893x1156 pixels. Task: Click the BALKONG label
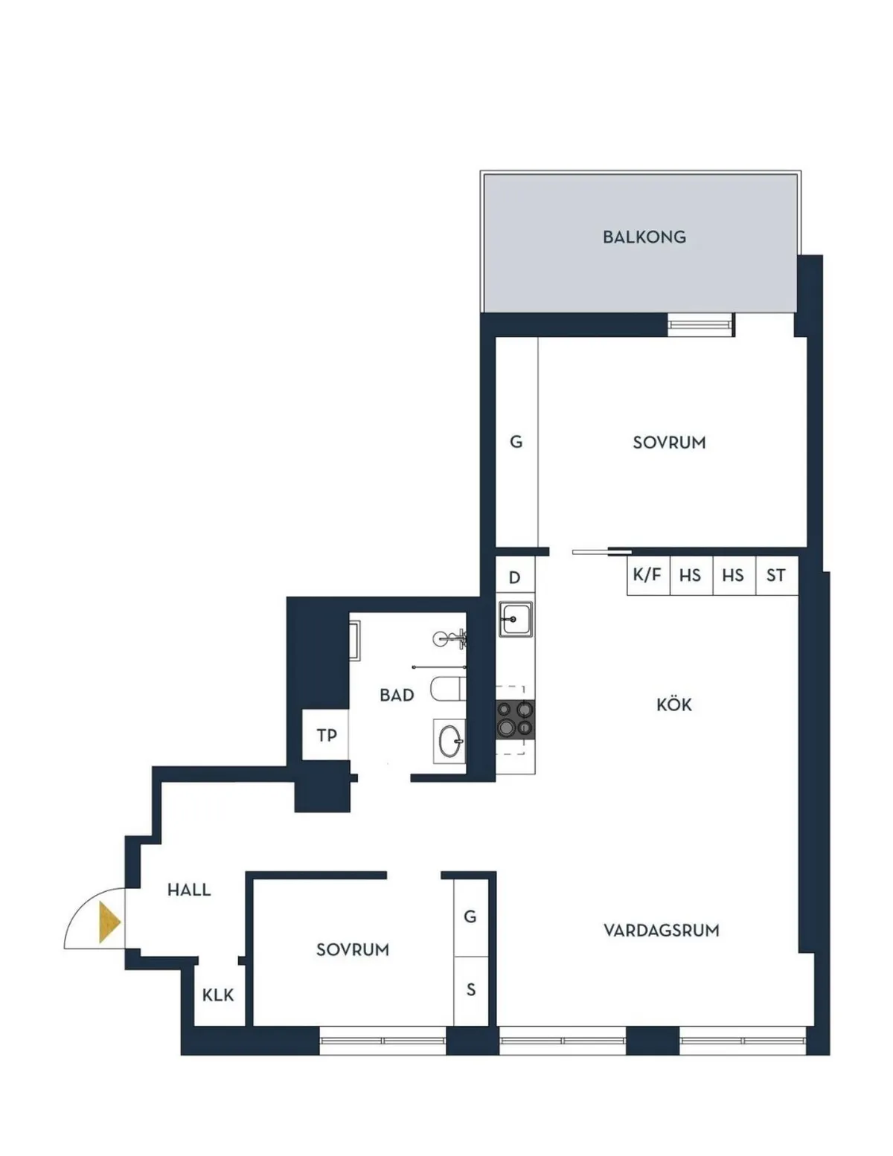[x=644, y=237]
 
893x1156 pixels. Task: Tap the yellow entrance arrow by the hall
[x=109, y=922]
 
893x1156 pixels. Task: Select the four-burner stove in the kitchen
[x=515, y=719]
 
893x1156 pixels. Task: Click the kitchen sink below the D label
[x=515, y=619]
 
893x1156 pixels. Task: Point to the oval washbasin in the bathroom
[x=449, y=741]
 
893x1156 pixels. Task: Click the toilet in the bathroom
[x=449, y=689]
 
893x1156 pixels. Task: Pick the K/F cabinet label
[x=647, y=575]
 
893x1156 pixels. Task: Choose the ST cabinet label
[x=775, y=575]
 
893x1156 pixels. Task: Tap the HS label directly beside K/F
[x=690, y=575]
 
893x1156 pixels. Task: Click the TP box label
[x=326, y=735]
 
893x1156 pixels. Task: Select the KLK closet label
[x=218, y=995]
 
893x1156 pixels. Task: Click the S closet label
[x=471, y=989]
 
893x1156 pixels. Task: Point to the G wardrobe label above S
[x=470, y=916]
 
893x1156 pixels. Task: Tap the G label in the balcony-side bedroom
[x=516, y=442]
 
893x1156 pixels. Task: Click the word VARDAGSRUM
[x=661, y=930]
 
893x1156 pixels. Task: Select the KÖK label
[x=674, y=704]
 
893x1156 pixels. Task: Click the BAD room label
[x=397, y=696]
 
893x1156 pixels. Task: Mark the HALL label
[x=189, y=890]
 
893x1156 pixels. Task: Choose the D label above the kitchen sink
[x=514, y=578]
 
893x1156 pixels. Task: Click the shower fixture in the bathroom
[x=449, y=638]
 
